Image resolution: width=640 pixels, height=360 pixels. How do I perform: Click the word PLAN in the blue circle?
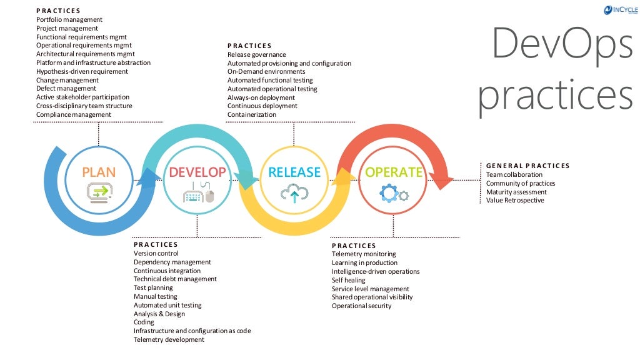pos(99,172)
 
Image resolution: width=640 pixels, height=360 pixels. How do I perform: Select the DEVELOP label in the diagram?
pos(197,172)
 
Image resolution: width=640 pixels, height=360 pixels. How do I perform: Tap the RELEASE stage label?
pos(294,172)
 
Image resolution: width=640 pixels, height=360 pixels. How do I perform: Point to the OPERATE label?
pos(394,172)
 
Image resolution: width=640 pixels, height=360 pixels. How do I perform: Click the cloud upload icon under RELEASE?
pos(294,194)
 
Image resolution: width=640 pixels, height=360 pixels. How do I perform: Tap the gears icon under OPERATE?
pos(394,194)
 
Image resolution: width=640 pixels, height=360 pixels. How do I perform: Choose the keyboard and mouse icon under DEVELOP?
pos(198,194)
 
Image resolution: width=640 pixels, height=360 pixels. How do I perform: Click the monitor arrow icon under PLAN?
pos(99,192)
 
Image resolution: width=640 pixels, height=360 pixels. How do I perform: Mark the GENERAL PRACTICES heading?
pos(527,166)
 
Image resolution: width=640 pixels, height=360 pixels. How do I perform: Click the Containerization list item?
pos(251,114)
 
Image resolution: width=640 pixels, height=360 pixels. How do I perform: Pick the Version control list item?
pos(156,253)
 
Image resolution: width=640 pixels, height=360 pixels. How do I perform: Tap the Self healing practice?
pos(349,280)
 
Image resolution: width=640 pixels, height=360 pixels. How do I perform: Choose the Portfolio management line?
pos(69,19)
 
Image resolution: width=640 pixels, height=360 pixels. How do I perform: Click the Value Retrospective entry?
pos(515,200)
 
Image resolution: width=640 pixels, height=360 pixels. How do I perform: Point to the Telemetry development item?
pos(169,339)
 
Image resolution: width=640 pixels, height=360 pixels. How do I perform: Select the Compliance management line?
pos(73,114)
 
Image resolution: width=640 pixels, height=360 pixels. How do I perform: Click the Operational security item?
pos(361,306)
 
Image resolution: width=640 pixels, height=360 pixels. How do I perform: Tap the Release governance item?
pos(256,54)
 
